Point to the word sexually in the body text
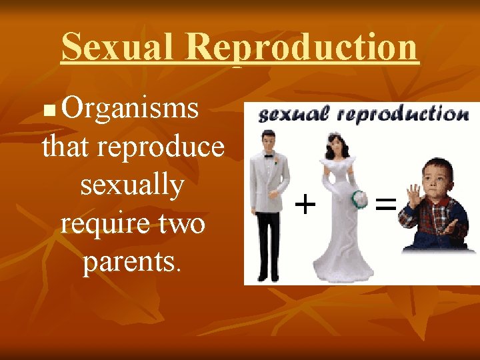(x=132, y=185)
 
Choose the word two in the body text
(x=181, y=223)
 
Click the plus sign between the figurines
(x=305, y=203)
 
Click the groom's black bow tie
(x=269, y=157)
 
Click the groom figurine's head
(x=269, y=141)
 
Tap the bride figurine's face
(x=335, y=146)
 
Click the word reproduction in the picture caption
(x=403, y=115)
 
